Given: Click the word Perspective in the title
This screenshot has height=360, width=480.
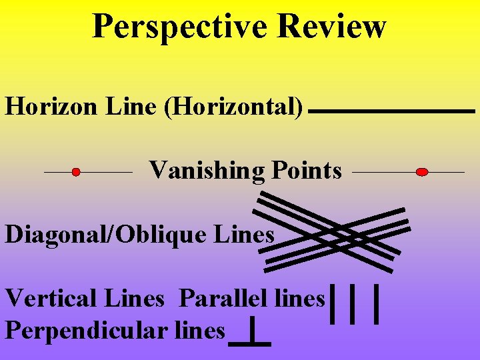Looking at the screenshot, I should click(179, 26).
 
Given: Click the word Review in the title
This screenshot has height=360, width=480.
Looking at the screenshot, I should click(331, 26).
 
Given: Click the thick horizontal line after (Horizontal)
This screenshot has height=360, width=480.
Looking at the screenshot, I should click(392, 111).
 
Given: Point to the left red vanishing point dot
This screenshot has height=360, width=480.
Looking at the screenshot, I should click(76, 172).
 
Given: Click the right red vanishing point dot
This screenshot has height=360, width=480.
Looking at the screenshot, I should click(421, 172).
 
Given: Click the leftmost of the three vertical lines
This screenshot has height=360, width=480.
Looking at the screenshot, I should click(333, 304).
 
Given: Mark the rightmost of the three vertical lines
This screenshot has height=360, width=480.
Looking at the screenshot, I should click(377, 304).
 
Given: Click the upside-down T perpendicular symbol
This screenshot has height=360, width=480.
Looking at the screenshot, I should click(250, 333).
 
